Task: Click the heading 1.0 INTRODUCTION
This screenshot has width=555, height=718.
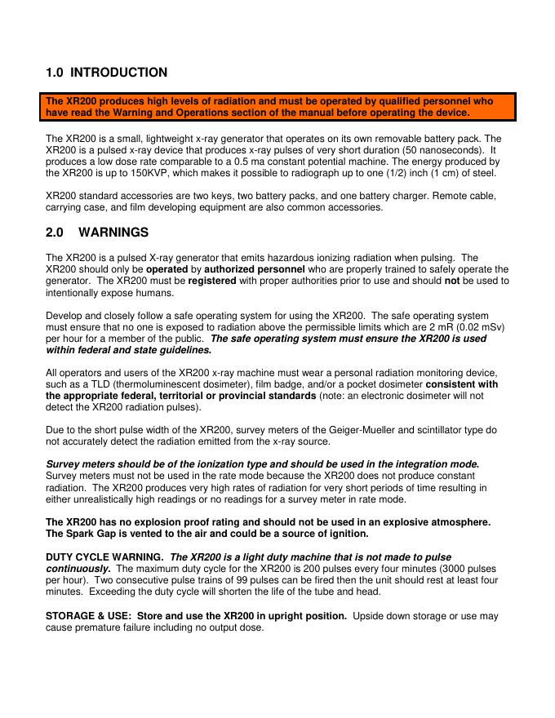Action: (x=107, y=73)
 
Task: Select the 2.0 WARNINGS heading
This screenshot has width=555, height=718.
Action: (x=97, y=233)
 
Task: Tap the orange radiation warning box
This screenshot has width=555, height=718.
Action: (x=281, y=107)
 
